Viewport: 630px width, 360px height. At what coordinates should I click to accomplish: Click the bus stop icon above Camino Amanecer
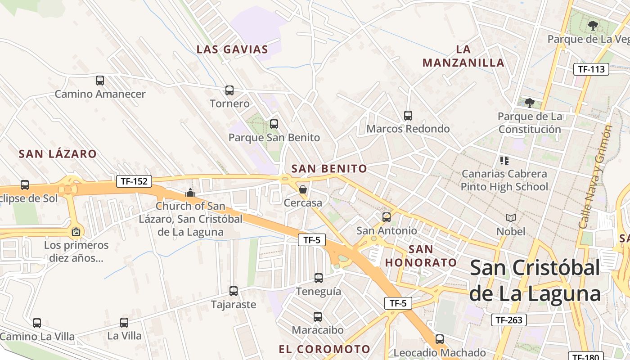click(x=100, y=81)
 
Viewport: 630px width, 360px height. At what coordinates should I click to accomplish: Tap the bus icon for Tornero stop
click(x=229, y=90)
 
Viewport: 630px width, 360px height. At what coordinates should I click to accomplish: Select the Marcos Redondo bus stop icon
click(x=408, y=116)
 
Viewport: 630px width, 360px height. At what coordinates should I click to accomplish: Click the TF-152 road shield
click(x=134, y=181)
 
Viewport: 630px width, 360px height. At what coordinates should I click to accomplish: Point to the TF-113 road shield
click(x=591, y=69)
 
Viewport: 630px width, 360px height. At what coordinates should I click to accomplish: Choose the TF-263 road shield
click(x=508, y=320)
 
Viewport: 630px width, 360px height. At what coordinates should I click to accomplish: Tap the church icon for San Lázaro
click(x=190, y=193)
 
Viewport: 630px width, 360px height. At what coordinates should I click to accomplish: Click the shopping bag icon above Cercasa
click(x=303, y=189)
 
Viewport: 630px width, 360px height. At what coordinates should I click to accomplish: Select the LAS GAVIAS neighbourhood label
click(x=232, y=49)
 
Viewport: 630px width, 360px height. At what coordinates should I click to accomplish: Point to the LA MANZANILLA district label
click(x=463, y=56)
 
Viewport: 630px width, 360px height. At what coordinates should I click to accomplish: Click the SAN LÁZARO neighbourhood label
click(x=58, y=154)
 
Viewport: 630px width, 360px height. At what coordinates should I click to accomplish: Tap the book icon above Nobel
click(x=511, y=218)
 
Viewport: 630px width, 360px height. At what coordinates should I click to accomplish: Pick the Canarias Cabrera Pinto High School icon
click(x=504, y=160)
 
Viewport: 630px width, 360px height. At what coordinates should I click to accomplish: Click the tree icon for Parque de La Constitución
click(x=530, y=103)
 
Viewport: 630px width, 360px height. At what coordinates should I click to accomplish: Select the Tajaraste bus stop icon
click(x=234, y=291)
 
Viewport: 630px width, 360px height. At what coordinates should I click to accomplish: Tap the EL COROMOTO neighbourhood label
click(x=324, y=349)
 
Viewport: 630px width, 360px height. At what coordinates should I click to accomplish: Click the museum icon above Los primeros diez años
click(x=76, y=232)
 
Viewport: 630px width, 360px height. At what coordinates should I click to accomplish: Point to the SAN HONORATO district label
click(x=421, y=256)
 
